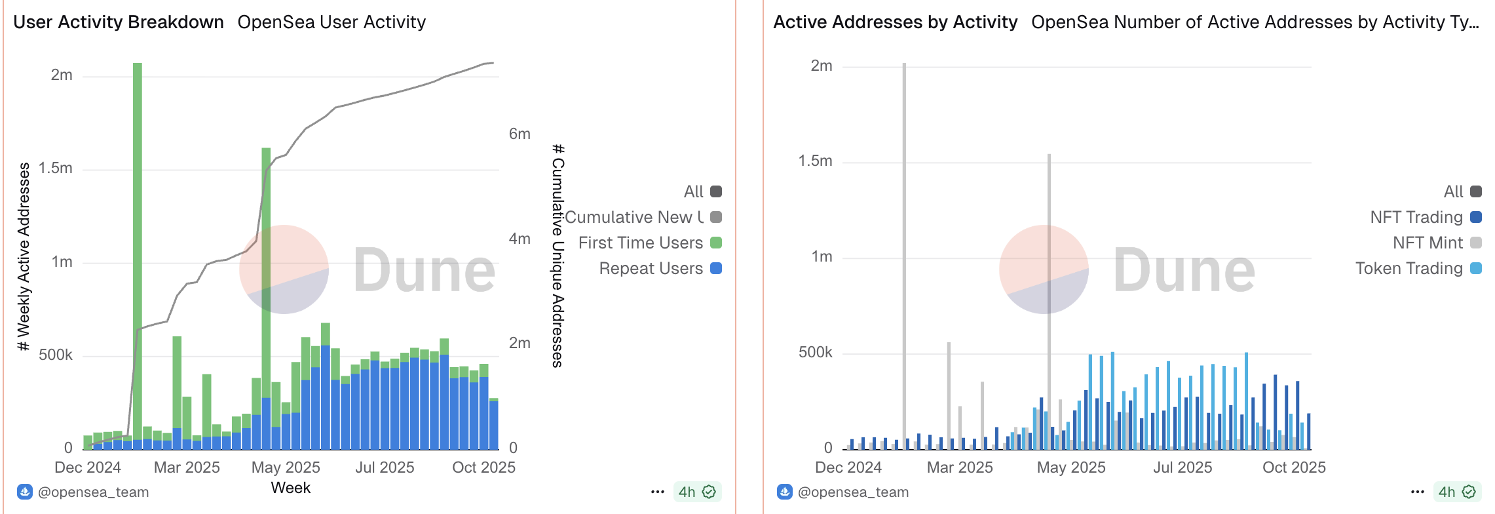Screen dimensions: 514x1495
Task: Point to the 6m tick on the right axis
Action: click(x=520, y=134)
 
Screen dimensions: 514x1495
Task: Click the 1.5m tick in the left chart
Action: click(x=56, y=168)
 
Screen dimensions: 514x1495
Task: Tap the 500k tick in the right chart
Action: click(x=815, y=353)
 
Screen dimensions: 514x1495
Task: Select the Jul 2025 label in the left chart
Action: click(x=385, y=467)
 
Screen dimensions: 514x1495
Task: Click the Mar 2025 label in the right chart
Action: click(x=960, y=467)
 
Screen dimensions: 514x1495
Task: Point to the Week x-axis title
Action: click(x=291, y=488)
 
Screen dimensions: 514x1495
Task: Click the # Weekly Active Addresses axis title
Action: click(x=24, y=257)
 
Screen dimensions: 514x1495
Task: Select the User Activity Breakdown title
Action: click(x=119, y=22)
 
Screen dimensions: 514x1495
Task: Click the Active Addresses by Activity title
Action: click(x=895, y=22)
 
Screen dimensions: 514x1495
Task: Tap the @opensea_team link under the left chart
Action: click(x=93, y=492)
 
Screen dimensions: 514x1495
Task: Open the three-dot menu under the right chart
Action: click(x=1418, y=492)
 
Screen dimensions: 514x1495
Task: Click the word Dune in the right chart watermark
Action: click(x=1184, y=270)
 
